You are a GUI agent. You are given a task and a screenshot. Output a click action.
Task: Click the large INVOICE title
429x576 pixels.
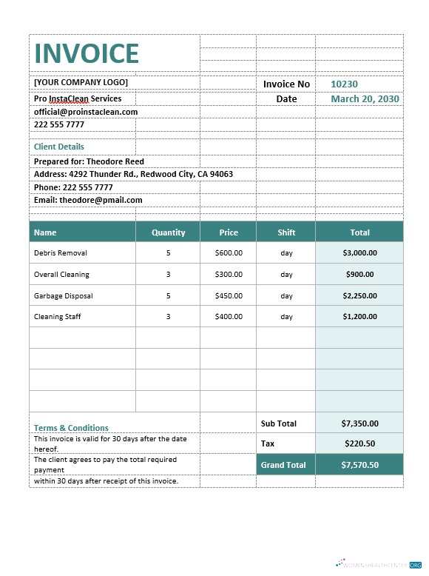click(87, 53)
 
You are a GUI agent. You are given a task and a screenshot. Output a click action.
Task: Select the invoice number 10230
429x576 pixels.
click(344, 84)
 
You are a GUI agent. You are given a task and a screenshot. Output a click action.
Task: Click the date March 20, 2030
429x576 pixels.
click(365, 98)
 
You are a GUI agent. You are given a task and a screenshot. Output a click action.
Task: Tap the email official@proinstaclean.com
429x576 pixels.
click(86, 112)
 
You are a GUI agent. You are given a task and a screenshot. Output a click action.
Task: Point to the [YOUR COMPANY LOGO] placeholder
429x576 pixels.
click(81, 82)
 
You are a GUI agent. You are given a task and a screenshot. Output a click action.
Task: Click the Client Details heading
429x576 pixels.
click(59, 147)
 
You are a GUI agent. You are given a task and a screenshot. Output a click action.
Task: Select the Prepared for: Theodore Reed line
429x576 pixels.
click(89, 161)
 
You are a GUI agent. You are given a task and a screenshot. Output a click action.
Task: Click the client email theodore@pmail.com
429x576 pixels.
click(88, 200)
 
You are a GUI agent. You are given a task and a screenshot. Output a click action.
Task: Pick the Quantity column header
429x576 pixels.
click(168, 232)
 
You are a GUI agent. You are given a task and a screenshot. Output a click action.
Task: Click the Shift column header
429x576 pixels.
click(286, 232)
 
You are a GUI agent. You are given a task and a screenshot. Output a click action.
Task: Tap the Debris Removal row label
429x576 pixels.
click(61, 253)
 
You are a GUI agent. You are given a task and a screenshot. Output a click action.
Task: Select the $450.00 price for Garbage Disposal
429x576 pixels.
click(229, 295)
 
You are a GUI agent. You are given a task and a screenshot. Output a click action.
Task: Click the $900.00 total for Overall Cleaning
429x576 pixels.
click(359, 275)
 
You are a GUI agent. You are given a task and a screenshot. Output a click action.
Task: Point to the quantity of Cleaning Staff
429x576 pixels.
click(168, 317)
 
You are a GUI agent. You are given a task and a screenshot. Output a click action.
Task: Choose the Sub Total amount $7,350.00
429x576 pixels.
click(359, 423)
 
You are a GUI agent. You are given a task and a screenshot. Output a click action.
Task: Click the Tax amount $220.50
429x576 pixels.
click(359, 443)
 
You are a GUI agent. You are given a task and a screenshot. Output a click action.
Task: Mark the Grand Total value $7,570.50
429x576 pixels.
click(359, 465)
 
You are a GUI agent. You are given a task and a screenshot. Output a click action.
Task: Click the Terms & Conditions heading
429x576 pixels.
click(71, 428)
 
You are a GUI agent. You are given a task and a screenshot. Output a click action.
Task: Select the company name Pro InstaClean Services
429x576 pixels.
click(78, 98)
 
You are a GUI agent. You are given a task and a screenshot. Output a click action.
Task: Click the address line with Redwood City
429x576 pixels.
click(133, 174)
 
